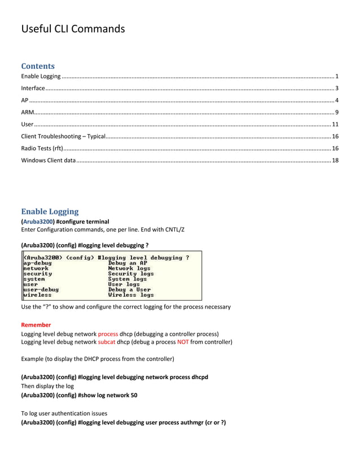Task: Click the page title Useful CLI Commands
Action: (x=73, y=29)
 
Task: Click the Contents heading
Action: (x=38, y=66)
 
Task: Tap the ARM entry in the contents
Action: (x=27, y=112)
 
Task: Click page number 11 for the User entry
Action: (x=335, y=124)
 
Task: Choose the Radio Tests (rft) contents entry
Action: (x=42, y=148)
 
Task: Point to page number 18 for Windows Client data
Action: (x=335, y=161)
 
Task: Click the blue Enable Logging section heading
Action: (x=50, y=212)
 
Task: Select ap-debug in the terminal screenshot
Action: (x=38, y=263)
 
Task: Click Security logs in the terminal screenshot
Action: (x=130, y=274)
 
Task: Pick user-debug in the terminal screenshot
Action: (x=41, y=289)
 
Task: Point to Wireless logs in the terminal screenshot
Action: (x=131, y=295)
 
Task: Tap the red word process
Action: (x=108, y=334)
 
